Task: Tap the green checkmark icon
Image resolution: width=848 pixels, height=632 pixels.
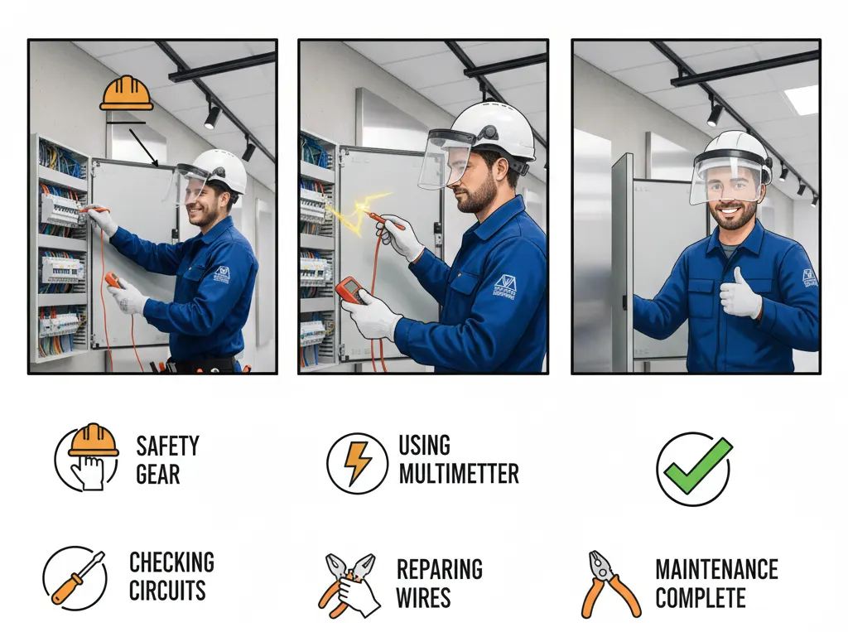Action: pyautogui.click(x=694, y=468)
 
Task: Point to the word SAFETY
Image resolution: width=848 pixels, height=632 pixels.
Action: pyautogui.click(x=167, y=446)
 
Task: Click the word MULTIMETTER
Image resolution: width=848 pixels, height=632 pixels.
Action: pyautogui.click(x=459, y=474)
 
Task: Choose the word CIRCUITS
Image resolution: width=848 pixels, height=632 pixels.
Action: pyautogui.click(x=167, y=591)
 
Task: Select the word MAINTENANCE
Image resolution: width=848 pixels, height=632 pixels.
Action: pyautogui.click(x=716, y=570)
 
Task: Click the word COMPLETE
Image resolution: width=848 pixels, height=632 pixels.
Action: pyautogui.click(x=701, y=598)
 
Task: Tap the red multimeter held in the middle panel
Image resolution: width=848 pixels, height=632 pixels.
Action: pyautogui.click(x=351, y=290)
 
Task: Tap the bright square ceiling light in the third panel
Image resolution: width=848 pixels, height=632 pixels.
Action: pyautogui.click(x=800, y=99)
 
